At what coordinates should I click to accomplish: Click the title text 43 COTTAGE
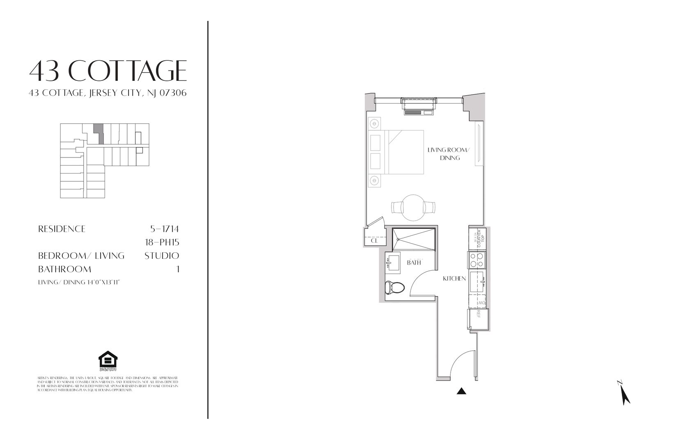[x=108, y=71]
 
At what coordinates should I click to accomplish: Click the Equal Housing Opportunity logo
[x=108, y=361]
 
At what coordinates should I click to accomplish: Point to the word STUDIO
[x=162, y=256]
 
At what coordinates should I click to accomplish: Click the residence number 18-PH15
[x=162, y=242]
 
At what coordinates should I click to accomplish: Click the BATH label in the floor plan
[x=414, y=263]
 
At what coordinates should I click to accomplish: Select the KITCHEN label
[x=454, y=279]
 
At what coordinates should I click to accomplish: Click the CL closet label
[x=374, y=241]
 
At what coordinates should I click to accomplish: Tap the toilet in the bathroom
[x=394, y=287]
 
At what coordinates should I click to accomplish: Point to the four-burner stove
[x=477, y=260]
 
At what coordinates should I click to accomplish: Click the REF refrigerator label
[x=478, y=315]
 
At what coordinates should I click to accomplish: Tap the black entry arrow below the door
[x=462, y=391]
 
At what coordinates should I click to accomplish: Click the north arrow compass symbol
[x=624, y=394]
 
